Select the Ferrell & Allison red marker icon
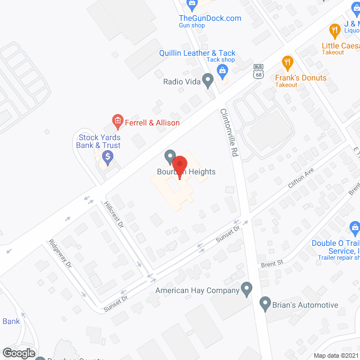[117, 120]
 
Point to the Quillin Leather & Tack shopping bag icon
[222, 70]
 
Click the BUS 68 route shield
[259, 70]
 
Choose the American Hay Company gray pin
[246, 289]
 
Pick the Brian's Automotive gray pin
[265, 304]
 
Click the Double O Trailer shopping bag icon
[354, 227]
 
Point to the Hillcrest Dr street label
[113, 213]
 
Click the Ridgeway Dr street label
[60, 253]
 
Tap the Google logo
[19, 353]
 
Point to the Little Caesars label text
[340, 46]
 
